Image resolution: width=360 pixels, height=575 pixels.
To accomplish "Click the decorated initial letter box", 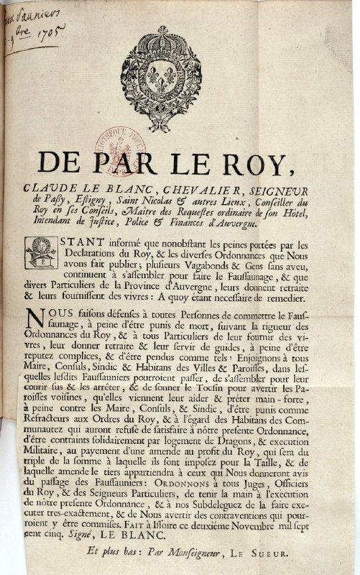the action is point(40,252).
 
